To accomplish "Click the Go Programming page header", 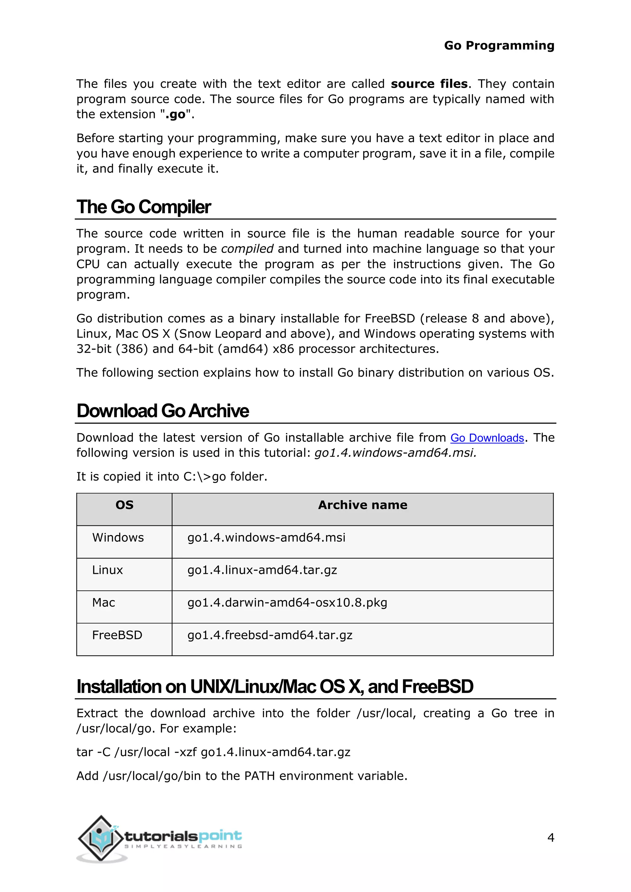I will [x=499, y=46].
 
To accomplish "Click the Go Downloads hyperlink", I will [x=487, y=438].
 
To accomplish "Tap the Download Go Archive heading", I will [x=162, y=411].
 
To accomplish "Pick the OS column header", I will [x=124, y=505].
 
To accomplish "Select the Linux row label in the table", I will [x=107, y=570].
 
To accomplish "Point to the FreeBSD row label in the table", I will [x=117, y=635].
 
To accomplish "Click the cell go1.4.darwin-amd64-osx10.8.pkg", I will [x=287, y=602].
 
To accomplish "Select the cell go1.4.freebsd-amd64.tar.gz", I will [x=270, y=635].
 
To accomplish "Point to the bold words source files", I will [x=429, y=84].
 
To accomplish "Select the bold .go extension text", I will [x=175, y=115].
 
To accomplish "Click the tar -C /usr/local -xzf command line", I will [x=213, y=752].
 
